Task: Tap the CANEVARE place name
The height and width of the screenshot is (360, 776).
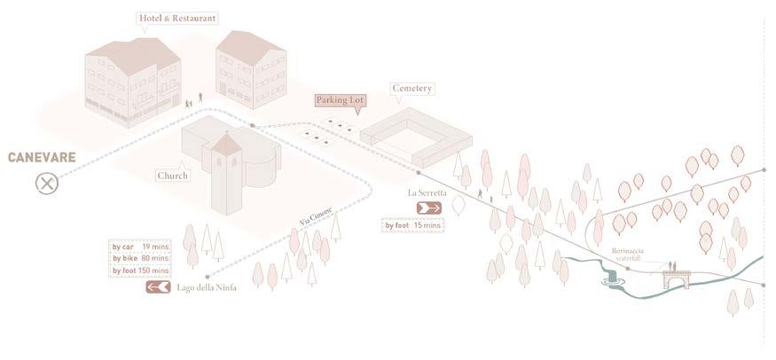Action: pyautogui.click(x=42, y=158)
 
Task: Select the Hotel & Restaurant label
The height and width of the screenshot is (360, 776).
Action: pyautogui.click(x=177, y=18)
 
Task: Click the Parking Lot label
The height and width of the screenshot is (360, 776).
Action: pyautogui.click(x=341, y=100)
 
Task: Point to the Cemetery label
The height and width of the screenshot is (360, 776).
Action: pyautogui.click(x=412, y=89)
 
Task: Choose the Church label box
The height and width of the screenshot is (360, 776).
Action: pyautogui.click(x=172, y=176)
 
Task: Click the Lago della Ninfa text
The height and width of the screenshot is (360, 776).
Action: pyautogui.click(x=207, y=287)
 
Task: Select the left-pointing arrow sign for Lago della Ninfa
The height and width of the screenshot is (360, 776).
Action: pyautogui.click(x=158, y=287)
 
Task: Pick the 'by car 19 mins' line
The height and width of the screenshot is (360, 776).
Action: pyautogui.click(x=139, y=247)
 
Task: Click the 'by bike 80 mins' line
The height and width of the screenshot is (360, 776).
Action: pyautogui.click(x=139, y=258)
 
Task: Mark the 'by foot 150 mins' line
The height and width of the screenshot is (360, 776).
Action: pyautogui.click(x=139, y=270)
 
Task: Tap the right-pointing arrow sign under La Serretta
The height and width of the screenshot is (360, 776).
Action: pyautogui.click(x=428, y=207)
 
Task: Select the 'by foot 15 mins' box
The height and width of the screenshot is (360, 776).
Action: pyautogui.click(x=413, y=225)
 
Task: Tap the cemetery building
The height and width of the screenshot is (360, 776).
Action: pyautogui.click(x=417, y=137)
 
